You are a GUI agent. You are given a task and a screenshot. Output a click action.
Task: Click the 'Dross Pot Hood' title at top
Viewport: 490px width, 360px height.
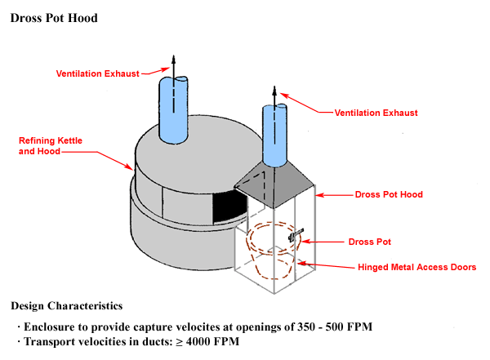[x=54, y=18]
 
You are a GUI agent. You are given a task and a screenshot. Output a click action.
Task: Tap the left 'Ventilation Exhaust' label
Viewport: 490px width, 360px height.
[x=99, y=73]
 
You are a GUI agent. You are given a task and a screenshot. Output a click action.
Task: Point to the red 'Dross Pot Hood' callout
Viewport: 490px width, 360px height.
[x=389, y=195]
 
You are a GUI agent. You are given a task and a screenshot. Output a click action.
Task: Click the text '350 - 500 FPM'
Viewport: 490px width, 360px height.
[x=335, y=327]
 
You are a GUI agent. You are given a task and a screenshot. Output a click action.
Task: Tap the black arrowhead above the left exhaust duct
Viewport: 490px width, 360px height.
[x=173, y=57]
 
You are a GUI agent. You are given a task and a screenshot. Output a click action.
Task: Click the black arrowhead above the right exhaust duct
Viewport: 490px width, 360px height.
[x=274, y=89]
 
